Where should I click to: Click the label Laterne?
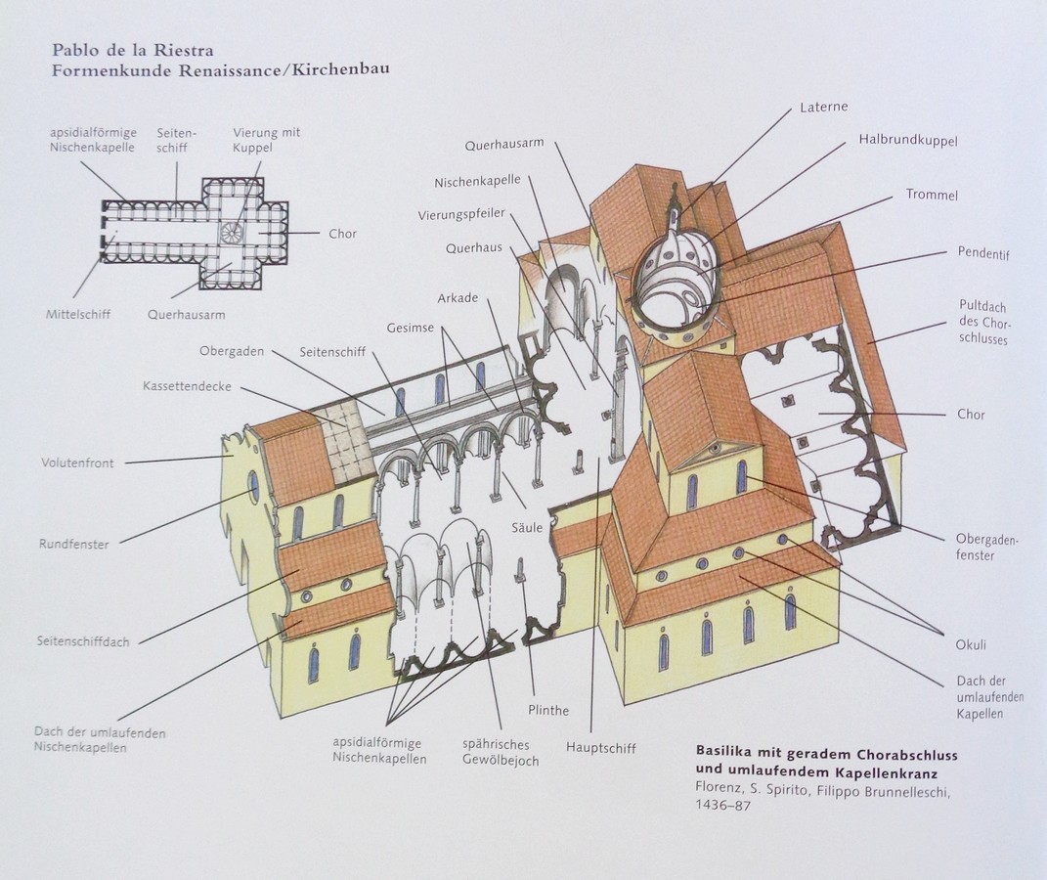click(824, 107)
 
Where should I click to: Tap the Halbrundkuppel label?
click(908, 141)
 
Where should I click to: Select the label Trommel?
click(932, 195)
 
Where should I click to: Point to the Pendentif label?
click(983, 253)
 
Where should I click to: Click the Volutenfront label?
click(77, 462)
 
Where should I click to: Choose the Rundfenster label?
click(73, 545)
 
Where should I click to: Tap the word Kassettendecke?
click(187, 386)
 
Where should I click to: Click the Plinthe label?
click(548, 711)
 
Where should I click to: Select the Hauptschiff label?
click(601, 748)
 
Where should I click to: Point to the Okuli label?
click(971, 645)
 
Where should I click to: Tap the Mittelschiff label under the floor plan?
click(78, 314)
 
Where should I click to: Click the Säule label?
click(527, 527)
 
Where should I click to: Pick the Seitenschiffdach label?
click(83, 642)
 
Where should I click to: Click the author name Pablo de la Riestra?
click(133, 50)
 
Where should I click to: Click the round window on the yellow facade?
click(254, 487)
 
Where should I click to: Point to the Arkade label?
click(458, 298)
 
